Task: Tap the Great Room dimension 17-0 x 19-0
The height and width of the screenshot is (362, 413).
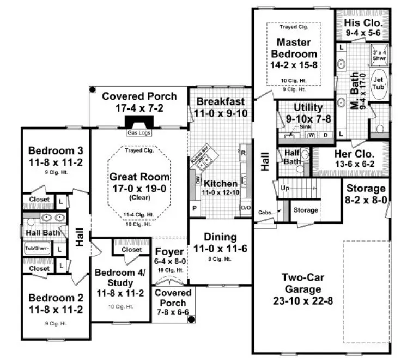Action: click(139, 188)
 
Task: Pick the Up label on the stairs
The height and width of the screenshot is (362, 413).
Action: click(285, 188)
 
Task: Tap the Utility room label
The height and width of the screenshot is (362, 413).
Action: click(308, 107)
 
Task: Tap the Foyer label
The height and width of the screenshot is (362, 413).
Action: click(169, 251)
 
